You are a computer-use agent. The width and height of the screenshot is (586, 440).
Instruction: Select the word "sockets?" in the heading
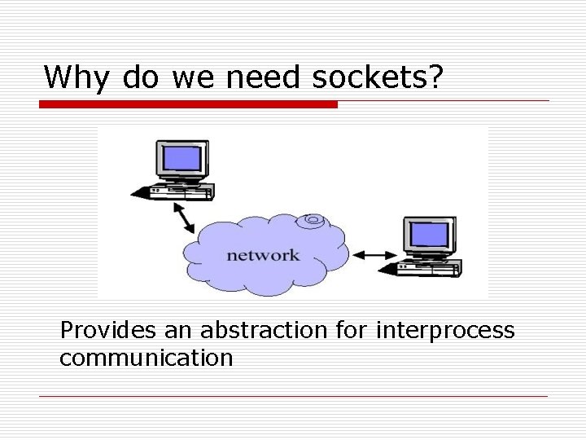(378, 77)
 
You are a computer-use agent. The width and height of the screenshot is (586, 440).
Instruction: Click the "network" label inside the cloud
(263, 255)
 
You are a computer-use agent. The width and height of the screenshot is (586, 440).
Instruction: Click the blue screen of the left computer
(181, 156)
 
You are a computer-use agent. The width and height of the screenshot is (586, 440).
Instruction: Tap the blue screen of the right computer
(429, 234)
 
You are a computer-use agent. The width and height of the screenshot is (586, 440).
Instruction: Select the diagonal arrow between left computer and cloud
(184, 217)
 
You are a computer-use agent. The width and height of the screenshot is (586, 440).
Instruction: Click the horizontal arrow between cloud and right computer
(374, 255)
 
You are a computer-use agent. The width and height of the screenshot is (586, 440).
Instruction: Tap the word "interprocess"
(445, 330)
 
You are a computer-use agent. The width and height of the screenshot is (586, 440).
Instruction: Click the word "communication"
(146, 357)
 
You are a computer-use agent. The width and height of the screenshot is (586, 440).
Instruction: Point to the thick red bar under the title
(188, 104)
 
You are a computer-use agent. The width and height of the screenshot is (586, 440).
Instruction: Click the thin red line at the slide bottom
(293, 396)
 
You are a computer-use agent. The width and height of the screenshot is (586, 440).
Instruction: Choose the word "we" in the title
(195, 77)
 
